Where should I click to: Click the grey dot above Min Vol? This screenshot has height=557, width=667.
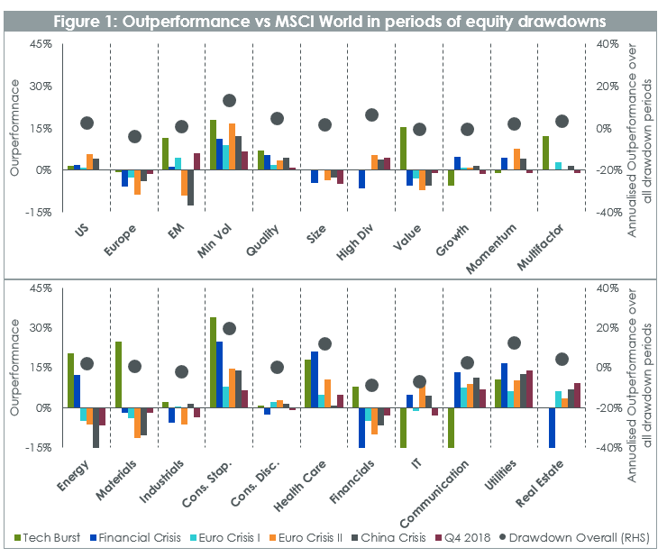point(229,101)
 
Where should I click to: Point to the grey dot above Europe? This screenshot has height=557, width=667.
point(134,137)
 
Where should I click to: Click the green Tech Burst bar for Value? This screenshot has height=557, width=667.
point(403,149)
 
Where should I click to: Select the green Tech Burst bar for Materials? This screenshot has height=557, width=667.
point(118,375)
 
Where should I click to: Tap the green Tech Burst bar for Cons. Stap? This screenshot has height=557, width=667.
point(213,362)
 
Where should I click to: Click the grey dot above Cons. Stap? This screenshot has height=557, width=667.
point(229,329)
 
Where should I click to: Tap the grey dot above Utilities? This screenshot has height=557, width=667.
point(514,342)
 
